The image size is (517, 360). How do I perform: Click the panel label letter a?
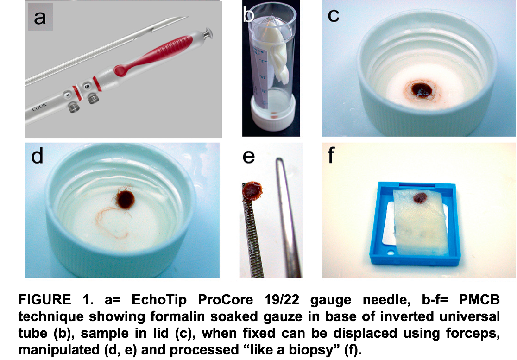tap(40, 17)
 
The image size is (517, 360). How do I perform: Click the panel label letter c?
tap(334, 15)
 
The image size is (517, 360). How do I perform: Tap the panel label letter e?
tap(249, 156)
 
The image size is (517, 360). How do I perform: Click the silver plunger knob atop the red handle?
tap(207, 32)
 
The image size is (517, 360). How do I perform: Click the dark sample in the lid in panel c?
tap(422, 89)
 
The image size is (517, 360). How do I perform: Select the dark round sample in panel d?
tap(126, 200)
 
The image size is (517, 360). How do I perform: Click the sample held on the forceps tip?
tap(252, 191)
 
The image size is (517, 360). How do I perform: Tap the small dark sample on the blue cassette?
tap(420, 198)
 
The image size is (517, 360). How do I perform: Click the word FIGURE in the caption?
tap(44, 300)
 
